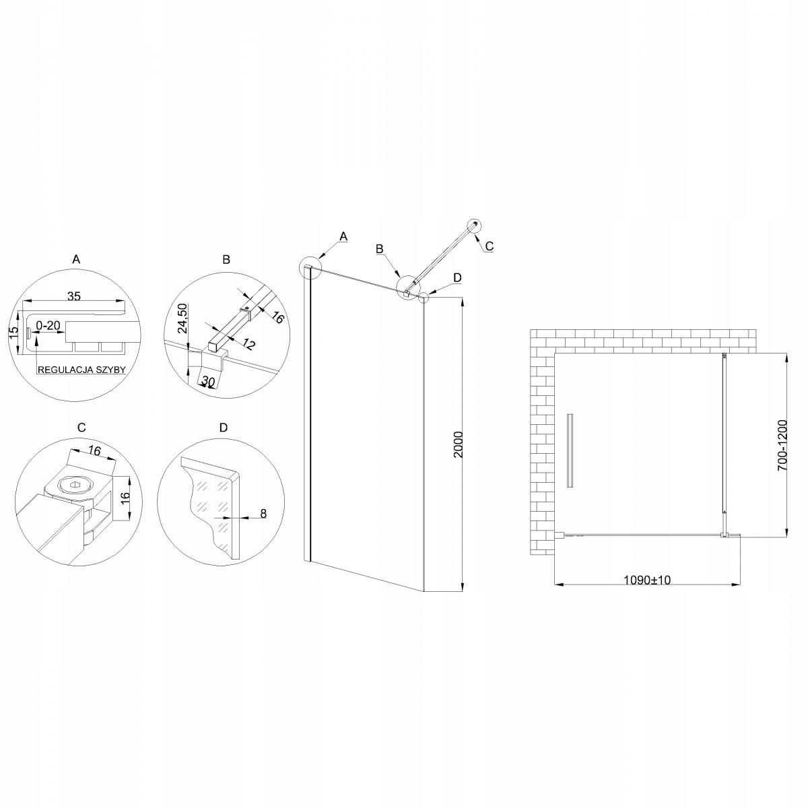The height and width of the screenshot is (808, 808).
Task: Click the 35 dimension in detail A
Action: (74, 294)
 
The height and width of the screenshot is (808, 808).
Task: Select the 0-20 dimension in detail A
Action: (48, 326)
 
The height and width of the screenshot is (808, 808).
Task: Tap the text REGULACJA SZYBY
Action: (81, 370)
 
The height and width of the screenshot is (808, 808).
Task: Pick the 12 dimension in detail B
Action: (249, 345)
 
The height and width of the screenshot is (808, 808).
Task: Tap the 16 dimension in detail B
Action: (277, 318)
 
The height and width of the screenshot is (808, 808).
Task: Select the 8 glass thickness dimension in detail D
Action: (263, 514)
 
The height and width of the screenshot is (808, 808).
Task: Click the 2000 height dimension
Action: (458, 445)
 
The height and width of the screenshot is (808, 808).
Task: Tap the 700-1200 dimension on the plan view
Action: (782, 446)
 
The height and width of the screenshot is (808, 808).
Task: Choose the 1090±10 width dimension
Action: (647, 580)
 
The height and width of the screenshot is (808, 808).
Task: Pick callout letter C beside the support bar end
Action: (490, 247)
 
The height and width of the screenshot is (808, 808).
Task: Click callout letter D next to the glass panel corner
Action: (457, 277)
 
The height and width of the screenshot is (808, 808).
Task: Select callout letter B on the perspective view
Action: (380, 248)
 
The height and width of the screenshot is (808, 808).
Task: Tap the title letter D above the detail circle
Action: (224, 428)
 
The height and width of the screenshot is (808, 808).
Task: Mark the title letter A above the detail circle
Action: (76, 259)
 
